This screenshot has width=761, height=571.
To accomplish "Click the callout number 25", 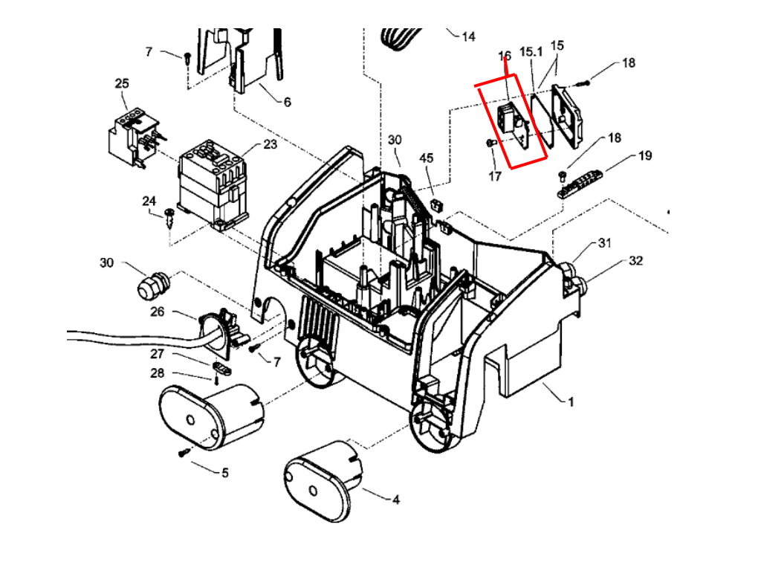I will pos(122,83).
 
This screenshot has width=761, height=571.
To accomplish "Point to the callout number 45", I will pos(426,158).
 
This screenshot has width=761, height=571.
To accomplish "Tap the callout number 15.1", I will pos(531,52).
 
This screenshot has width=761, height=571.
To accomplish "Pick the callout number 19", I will pos(644,155).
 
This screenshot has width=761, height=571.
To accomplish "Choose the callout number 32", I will pos(635,261).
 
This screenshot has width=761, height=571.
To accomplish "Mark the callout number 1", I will pos(571,402).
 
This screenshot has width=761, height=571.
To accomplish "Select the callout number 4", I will pos(395,500).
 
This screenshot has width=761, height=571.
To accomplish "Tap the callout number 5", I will pos(224,472).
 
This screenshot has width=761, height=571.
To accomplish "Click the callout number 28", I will pos(157,372).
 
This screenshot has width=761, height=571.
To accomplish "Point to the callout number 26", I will pos(157,312).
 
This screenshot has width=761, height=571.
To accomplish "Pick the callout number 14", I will pos(468,36).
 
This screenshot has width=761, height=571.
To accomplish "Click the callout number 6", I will pos(287,102).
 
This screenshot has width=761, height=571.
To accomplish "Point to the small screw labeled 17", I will pos(490,142).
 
